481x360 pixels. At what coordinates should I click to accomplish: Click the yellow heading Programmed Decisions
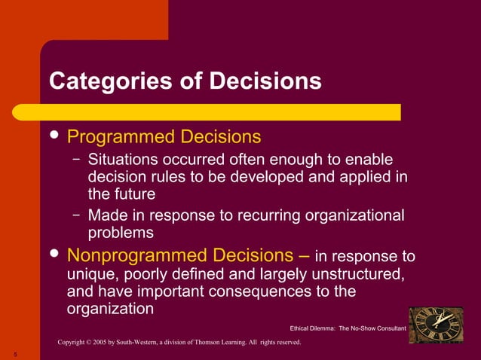[x=164, y=137]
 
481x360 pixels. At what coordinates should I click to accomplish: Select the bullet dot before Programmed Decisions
[x=54, y=136]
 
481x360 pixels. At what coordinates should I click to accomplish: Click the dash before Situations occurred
[x=77, y=160]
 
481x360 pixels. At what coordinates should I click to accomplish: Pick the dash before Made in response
[x=77, y=215]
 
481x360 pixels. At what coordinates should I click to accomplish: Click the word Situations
[x=122, y=160]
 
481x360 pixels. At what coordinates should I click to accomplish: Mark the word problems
[x=121, y=233]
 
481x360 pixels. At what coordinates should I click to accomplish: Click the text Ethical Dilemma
[x=312, y=329]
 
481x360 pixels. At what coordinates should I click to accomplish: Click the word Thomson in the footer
[x=225, y=343]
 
